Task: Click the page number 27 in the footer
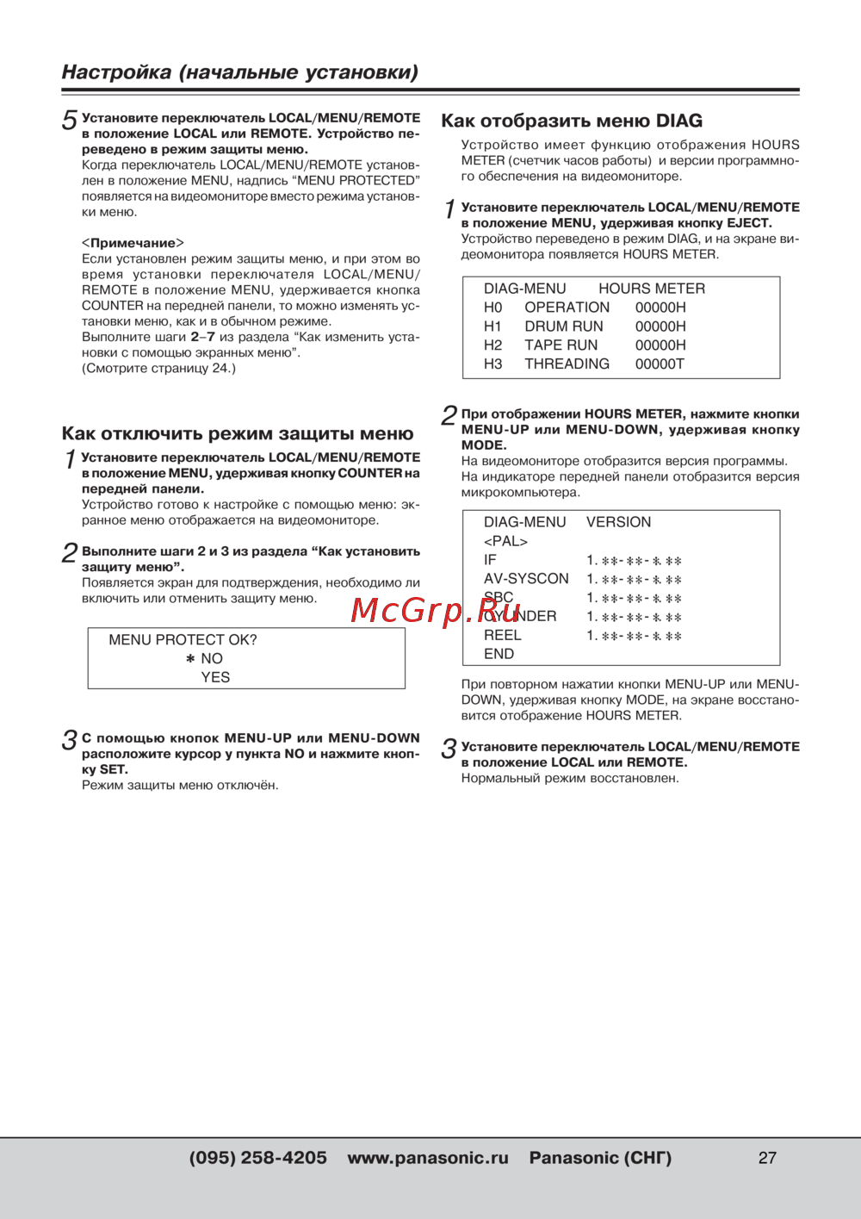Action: tap(767, 1158)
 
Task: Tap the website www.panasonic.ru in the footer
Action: tap(428, 1158)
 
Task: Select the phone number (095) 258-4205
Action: tap(257, 1158)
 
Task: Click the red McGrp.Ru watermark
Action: tap(427, 610)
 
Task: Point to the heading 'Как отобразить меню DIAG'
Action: tap(572, 121)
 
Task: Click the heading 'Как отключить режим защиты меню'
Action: tap(238, 433)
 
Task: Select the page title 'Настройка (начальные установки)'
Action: tap(240, 72)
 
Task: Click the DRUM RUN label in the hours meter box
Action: tap(564, 327)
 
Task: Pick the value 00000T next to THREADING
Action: tap(660, 364)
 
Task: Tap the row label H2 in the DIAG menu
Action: tap(492, 345)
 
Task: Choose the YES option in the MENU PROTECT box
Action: tap(215, 677)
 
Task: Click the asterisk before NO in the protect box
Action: tap(190, 659)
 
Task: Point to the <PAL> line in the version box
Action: tap(505, 541)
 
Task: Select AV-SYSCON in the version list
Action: tap(526, 579)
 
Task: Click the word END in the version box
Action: tap(499, 654)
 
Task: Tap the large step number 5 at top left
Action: tap(69, 121)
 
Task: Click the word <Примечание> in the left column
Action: tap(133, 243)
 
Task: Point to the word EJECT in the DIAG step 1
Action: tap(748, 223)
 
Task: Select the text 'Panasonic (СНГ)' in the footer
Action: tap(600, 1158)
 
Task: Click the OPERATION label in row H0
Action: tap(567, 308)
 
